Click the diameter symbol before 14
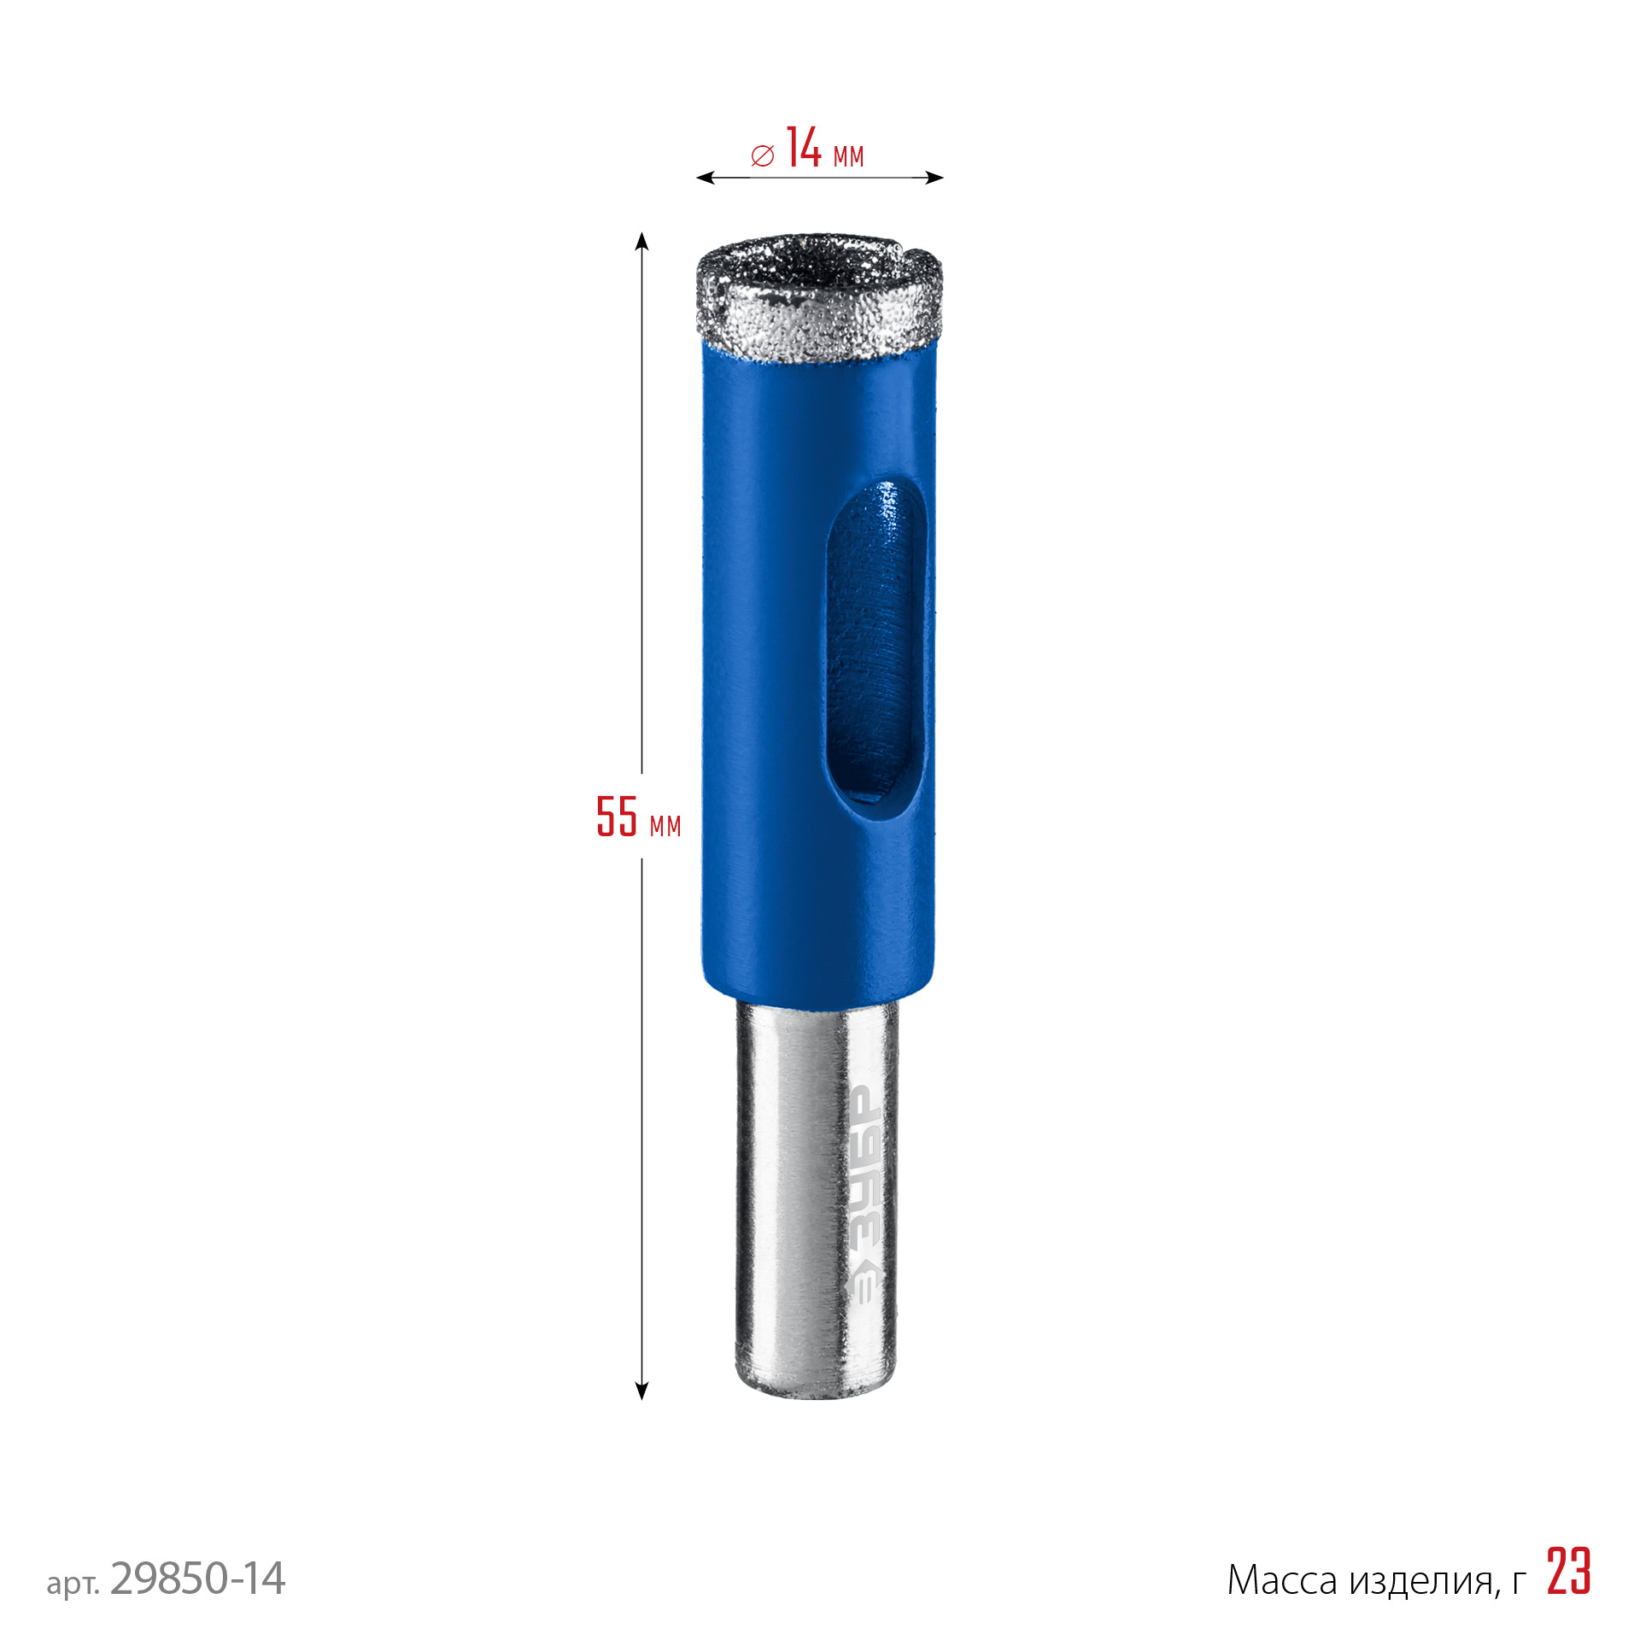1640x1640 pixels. [762, 155]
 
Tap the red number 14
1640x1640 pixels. [804, 147]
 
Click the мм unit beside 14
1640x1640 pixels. [848, 156]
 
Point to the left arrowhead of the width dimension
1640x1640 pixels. [706, 178]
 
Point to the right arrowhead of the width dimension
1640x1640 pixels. [934, 178]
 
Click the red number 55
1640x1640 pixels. [617, 816]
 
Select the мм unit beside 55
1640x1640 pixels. [665, 826]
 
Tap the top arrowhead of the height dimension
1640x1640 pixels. [641, 241]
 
